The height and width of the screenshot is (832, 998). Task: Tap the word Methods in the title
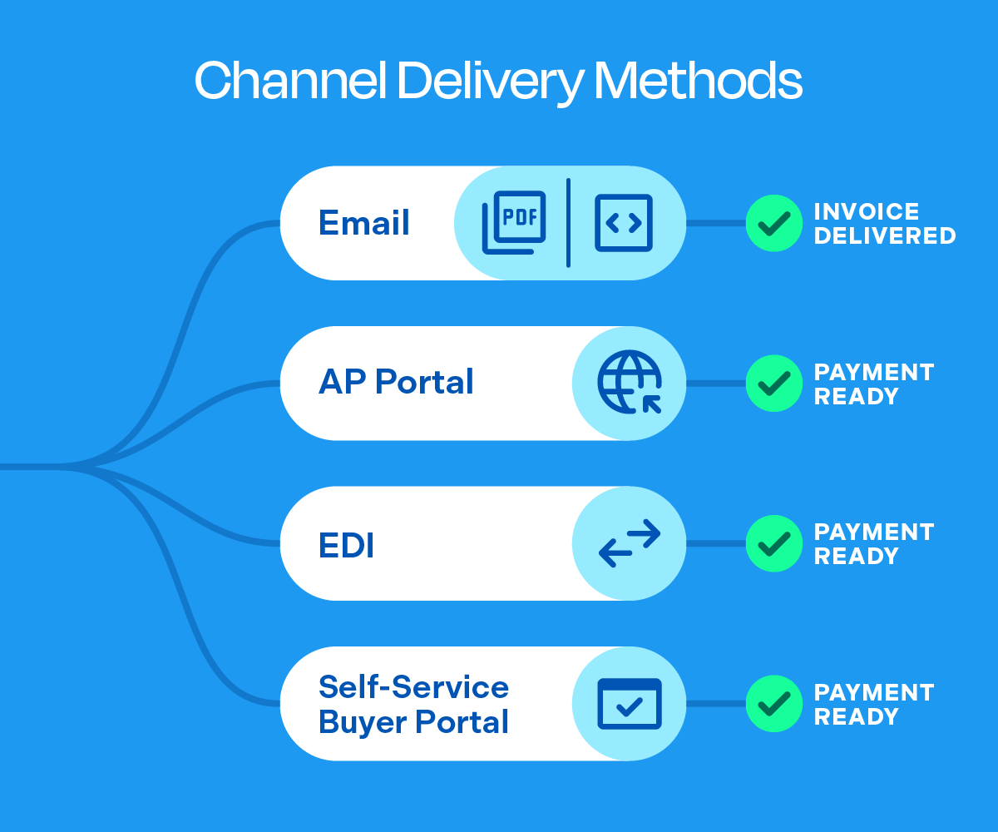[698, 82]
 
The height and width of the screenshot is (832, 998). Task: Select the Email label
[364, 223]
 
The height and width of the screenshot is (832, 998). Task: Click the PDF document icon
[514, 222]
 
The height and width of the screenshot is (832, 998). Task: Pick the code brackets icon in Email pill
[624, 223]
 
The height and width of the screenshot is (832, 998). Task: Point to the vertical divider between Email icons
[568, 222]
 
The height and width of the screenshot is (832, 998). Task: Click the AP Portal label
[396, 383]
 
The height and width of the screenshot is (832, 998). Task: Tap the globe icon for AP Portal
[630, 383]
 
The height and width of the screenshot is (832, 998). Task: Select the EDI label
[346, 545]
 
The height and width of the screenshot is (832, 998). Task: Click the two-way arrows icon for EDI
[630, 543]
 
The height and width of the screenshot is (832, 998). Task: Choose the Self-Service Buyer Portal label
[413, 704]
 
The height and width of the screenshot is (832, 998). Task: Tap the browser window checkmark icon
[630, 704]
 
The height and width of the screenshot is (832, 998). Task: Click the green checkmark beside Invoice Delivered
[773, 223]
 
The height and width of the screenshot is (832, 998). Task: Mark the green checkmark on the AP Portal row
[773, 384]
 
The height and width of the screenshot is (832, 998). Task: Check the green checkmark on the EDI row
[773, 543]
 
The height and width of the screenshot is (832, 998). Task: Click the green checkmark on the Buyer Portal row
[773, 704]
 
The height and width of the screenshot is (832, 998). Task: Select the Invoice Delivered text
[884, 223]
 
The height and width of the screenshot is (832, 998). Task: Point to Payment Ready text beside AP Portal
[873, 384]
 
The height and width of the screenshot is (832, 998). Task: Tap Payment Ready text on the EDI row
[873, 543]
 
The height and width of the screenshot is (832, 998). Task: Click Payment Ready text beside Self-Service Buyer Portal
[873, 704]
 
